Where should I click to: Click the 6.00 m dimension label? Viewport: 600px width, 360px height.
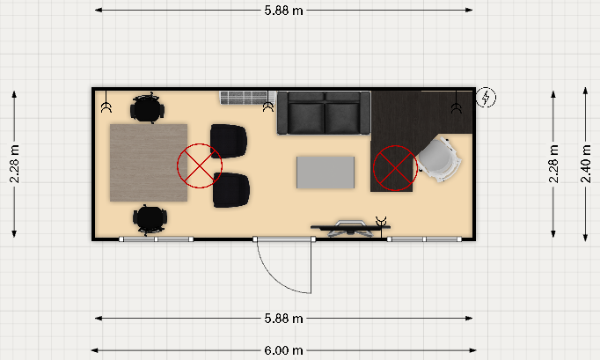[x=283, y=350]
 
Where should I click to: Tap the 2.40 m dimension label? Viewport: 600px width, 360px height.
[x=585, y=164]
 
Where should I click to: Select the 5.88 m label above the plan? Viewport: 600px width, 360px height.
[x=283, y=11]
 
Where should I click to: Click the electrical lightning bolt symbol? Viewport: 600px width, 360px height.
[x=486, y=98]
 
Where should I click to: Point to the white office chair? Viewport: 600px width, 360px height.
[x=439, y=159]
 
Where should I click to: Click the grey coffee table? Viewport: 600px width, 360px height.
[x=326, y=173]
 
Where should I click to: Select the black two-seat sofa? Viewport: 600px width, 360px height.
[x=324, y=113]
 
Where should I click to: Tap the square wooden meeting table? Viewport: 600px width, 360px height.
[x=149, y=163]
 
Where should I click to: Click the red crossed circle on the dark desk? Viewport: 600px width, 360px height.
[x=395, y=168]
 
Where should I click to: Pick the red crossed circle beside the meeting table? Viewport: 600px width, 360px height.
[x=200, y=165]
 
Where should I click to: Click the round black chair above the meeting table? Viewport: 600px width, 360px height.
[x=147, y=108]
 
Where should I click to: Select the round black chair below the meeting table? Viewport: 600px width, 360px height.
[x=150, y=219]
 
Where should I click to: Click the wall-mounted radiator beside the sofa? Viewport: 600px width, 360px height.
[x=247, y=98]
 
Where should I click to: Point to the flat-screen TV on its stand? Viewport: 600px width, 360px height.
[x=350, y=228]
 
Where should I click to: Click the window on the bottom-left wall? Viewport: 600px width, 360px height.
[x=156, y=239]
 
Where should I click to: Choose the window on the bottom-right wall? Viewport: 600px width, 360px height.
[x=424, y=239]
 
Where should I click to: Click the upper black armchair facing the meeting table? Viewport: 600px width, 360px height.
[x=229, y=141]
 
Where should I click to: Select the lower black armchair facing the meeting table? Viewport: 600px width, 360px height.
[x=231, y=190]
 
